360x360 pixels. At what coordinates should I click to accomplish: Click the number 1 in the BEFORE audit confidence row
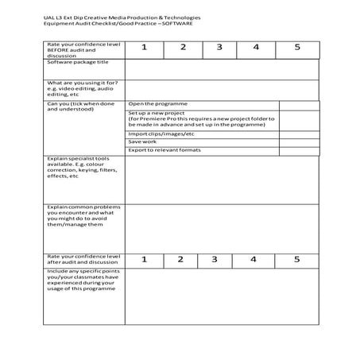tap(145, 48)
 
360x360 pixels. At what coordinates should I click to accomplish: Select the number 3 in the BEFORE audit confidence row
tap(219, 48)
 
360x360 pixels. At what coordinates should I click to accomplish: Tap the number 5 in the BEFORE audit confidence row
tap(296, 48)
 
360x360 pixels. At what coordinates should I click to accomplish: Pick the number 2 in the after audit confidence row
tap(180, 259)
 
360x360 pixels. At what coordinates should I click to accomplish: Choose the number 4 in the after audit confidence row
tap(254, 259)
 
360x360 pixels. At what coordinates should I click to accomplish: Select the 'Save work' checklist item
tap(143, 141)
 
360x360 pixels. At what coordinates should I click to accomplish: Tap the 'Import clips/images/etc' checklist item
tap(161, 134)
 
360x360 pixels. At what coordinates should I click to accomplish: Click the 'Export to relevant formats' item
tap(165, 149)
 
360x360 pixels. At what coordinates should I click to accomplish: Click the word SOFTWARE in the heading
tap(182, 22)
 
